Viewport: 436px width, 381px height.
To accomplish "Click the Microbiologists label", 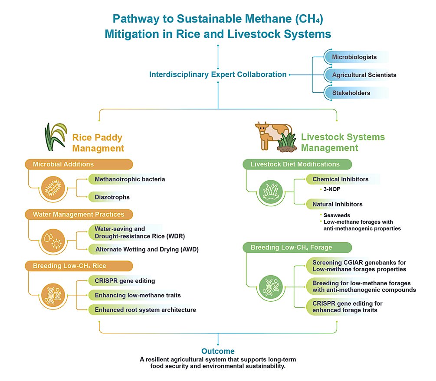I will pyautogui.click(x=354, y=57).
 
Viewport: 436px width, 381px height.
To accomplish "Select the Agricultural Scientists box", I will pyautogui.click(x=364, y=75).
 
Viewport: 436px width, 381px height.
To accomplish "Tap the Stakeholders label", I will pyautogui.click(x=351, y=93).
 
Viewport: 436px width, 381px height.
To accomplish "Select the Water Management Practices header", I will pyautogui.click(x=78, y=214).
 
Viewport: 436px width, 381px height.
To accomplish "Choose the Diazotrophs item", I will pyautogui.click(x=112, y=197).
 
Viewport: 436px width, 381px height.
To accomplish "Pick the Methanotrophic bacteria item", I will pyautogui.click(x=130, y=179).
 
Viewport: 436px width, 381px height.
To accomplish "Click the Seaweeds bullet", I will pyautogui.click(x=336, y=215).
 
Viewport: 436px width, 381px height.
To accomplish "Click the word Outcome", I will pyautogui.click(x=218, y=351).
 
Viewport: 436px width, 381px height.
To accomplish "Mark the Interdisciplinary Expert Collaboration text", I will pyautogui.click(x=218, y=75).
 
